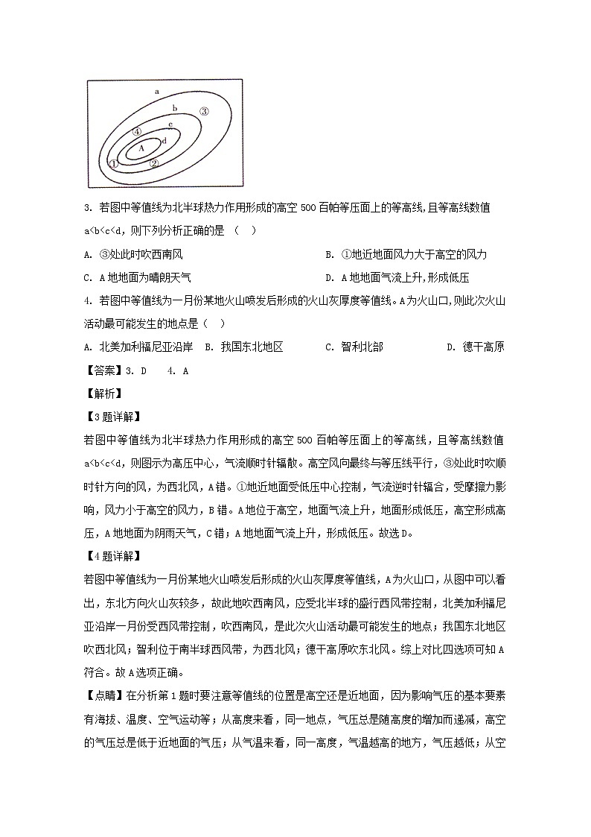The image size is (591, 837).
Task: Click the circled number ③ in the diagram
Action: (203, 112)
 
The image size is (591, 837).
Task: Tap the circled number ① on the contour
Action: (113, 163)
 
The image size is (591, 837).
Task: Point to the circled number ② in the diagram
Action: (154, 163)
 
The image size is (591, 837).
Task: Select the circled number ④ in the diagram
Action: (137, 131)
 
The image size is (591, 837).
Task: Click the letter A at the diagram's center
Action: (141, 148)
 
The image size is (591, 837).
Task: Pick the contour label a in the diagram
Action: (157, 92)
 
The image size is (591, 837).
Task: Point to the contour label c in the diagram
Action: (170, 124)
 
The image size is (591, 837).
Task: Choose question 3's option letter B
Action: (329, 255)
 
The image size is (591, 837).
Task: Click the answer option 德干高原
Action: (483, 347)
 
